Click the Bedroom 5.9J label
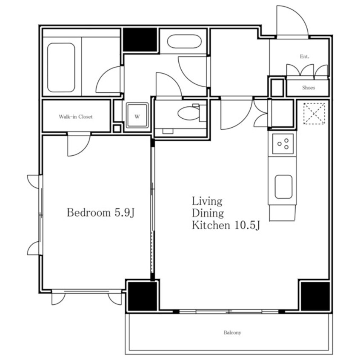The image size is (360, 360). [x=100, y=213]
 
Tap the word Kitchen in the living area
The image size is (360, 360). [x=211, y=225]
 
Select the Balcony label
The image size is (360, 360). [x=232, y=332]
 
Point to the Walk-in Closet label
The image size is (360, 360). [x=76, y=117]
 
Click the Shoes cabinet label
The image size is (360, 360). [x=309, y=88]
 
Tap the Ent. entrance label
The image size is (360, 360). [x=305, y=57]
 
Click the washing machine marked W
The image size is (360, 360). [x=137, y=115]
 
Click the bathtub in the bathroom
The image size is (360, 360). [x=61, y=68]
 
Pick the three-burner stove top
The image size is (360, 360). [x=283, y=144]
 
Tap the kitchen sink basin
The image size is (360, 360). [x=283, y=187]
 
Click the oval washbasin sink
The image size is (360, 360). [x=184, y=41]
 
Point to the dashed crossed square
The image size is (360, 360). [x=314, y=114]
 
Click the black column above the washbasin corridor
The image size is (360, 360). [x=140, y=40]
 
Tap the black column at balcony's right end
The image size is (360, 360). [x=315, y=296]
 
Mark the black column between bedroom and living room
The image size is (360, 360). [x=143, y=296]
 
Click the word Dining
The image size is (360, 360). [x=208, y=213]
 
